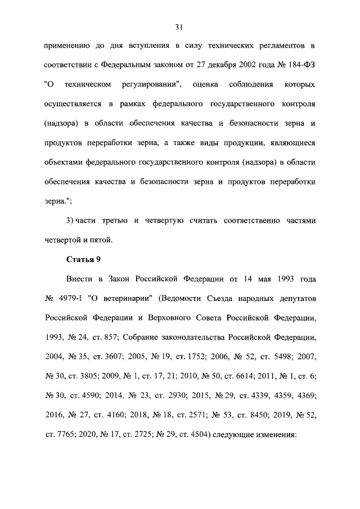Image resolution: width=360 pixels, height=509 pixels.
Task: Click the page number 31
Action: [180, 26]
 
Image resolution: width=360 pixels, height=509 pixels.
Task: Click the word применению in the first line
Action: [68, 45]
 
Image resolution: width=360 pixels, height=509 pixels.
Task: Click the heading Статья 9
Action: [83, 259]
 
